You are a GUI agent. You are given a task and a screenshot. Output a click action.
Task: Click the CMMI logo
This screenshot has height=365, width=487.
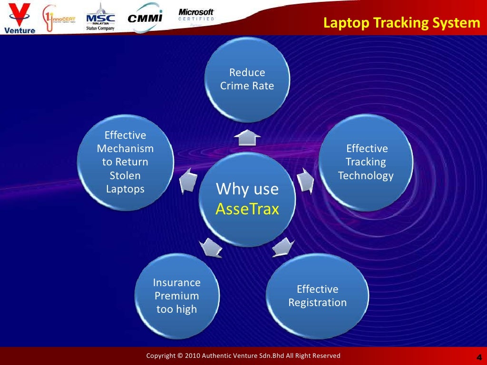(145, 18)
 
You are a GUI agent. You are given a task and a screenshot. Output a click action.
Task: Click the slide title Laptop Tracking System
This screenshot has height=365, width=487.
(402, 23)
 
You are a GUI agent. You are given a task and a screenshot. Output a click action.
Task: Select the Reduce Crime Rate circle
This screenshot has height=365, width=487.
(247, 79)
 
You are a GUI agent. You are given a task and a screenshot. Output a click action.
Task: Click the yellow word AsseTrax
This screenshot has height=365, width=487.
(247, 209)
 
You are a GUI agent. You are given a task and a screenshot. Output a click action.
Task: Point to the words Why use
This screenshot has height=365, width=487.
(247, 189)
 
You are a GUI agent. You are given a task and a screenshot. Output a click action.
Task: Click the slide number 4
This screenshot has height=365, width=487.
(478, 357)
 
